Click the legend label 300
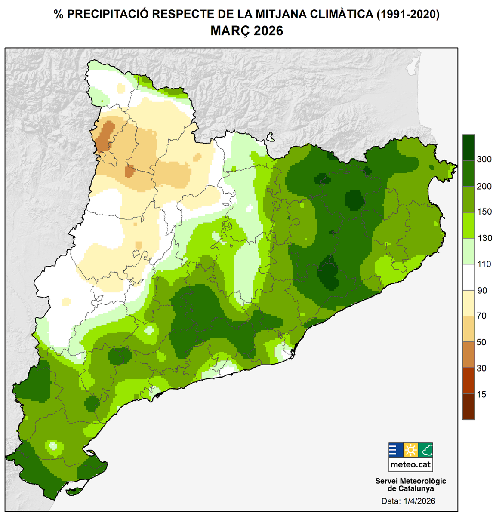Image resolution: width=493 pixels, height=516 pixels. [x=484, y=160]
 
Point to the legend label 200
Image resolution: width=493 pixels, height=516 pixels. [x=484, y=186]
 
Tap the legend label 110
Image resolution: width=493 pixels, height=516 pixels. [x=484, y=264]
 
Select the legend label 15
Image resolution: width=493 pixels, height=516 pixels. [x=481, y=394]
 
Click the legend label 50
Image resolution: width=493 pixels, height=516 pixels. [x=481, y=342]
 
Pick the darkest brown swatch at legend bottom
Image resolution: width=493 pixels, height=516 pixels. [x=468, y=407]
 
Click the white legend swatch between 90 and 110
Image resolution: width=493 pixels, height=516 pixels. [x=468, y=277]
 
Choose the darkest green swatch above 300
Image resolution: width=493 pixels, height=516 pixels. [x=468, y=147]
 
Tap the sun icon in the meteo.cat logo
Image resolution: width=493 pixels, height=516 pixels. [x=410, y=450]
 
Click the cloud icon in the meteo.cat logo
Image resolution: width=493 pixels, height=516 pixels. [x=425, y=450]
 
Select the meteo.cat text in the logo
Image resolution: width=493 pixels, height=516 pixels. [x=410, y=464]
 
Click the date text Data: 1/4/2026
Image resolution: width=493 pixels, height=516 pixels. [x=408, y=501]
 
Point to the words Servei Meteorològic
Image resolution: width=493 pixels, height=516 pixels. [x=410, y=481]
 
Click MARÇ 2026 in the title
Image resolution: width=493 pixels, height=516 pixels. [x=246, y=31]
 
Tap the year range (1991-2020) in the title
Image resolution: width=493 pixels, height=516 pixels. [x=408, y=14]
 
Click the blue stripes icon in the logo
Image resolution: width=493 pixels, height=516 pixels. [x=396, y=450]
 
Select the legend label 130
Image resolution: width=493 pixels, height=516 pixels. [x=484, y=238]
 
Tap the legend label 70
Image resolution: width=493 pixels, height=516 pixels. [x=481, y=316]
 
